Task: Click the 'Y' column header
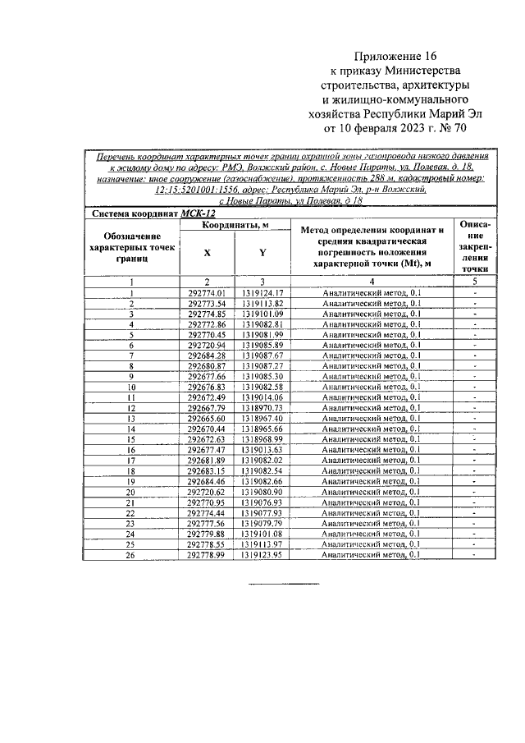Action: [x=262, y=254]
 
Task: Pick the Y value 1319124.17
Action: [x=262, y=292]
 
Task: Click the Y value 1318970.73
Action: [x=262, y=407]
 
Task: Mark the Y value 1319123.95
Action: [x=262, y=555]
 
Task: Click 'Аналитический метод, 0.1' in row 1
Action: [x=372, y=292]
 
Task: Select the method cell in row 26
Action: [x=372, y=555]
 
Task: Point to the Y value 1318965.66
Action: [x=262, y=429]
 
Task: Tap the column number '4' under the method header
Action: [x=372, y=282]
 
